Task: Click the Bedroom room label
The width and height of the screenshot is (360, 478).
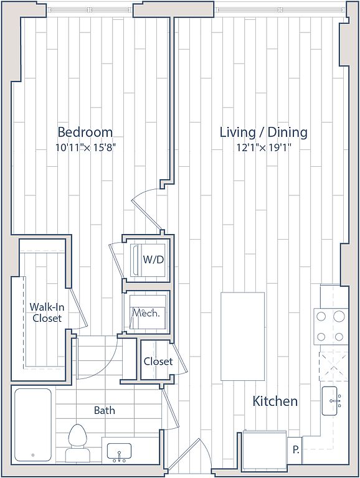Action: pyautogui.click(x=85, y=133)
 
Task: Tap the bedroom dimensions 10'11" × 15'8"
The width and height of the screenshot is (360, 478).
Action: pyautogui.click(x=85, y=148)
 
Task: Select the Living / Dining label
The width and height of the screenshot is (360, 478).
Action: pyautogui.click(x=263, y=133)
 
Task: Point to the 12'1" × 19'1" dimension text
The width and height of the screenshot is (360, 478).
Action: pyautogui.click(x=263, y=148)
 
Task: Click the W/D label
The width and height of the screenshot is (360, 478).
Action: pyautogui.click(x=153, y=260)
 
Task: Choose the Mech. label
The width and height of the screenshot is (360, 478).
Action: pyautogui.click(x=146, y=313)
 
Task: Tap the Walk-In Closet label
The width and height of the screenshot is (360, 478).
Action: pyautogui.click(x=47, y=312)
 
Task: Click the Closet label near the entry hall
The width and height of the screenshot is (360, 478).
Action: pyautogui.click(x=158, y=361)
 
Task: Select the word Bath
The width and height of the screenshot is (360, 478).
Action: pyautogui.click(x=105, y=410)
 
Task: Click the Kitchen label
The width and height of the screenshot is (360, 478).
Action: pyautogui.click(x=275, y=401)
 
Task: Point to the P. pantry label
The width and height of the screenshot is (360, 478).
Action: pyautogui.click(x=295, y=450)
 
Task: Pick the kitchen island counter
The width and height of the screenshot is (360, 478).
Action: pyautogui.click(x=242, y=336)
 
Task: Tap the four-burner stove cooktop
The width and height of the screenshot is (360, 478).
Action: pyautogui.click(x=331, y=327)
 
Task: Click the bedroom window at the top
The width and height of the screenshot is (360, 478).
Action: pyautogui.click(x=90, y=10)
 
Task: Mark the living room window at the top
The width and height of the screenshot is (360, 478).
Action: pyautogui.click(x=280, y=10)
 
